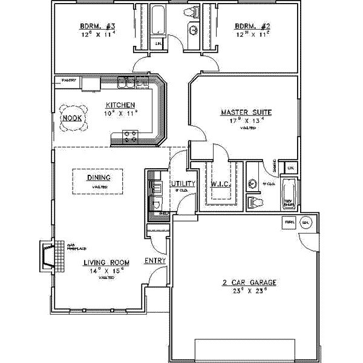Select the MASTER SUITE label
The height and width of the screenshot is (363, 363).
coord(246,112)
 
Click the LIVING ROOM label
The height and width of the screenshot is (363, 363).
coord(106,263)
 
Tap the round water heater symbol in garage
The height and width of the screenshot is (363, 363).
coord(306,222)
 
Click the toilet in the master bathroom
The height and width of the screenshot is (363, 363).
coord(255,201)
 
